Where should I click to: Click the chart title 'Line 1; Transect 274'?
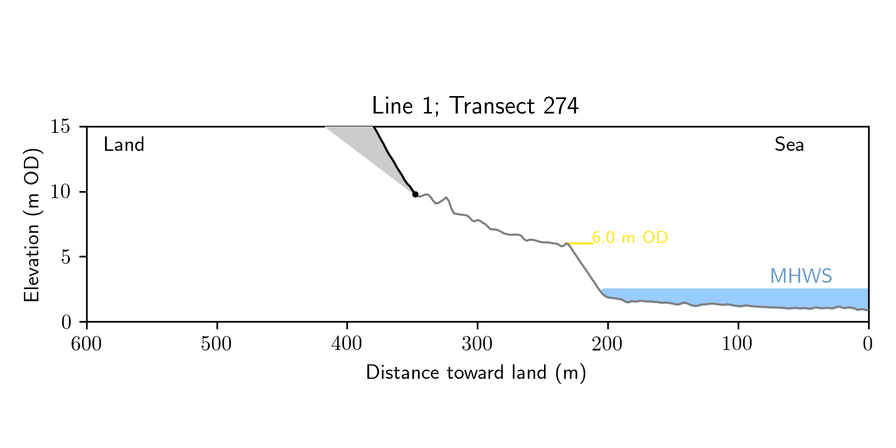475,106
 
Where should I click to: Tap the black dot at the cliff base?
415,194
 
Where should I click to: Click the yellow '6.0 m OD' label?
630,238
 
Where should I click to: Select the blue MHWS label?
801,276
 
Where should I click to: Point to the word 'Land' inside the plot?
124,145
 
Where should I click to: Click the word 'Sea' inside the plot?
789,145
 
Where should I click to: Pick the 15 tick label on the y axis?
60,127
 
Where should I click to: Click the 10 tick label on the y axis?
60,192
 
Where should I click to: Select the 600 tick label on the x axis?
87,344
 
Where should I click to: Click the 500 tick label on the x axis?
217,344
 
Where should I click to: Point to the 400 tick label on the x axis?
347,344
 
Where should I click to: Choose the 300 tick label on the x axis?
477,344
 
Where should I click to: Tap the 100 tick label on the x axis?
738,344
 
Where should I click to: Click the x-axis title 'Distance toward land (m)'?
476,373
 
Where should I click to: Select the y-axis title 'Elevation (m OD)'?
32,224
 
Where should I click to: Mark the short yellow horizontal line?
580,243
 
